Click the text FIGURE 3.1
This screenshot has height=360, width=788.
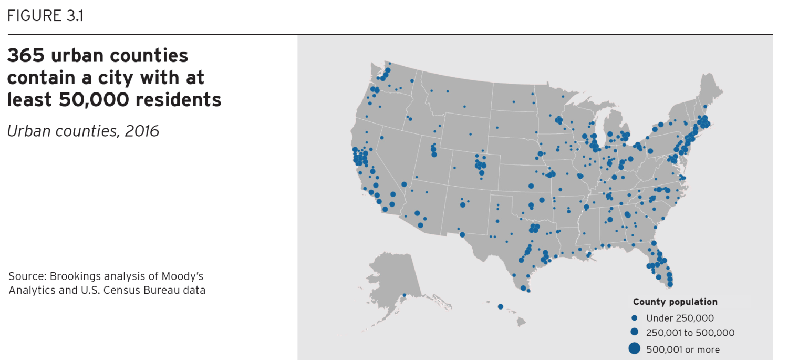(x=45, y=16)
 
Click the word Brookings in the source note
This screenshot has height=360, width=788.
(x=76, y=276)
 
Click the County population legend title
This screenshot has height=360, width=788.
(x=675, y=302)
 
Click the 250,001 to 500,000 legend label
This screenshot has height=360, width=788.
(x=690, y=333)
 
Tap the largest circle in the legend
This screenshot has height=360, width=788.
(x=635, y=348)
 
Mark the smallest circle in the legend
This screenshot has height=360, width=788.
(x=635, y=318)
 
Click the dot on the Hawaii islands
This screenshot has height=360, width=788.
(x=500, y=306)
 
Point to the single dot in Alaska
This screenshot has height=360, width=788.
(x=404, y=295)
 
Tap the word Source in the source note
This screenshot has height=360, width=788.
(x=24, y=276)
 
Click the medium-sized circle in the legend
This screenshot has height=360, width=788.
(x=635, y=332)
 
